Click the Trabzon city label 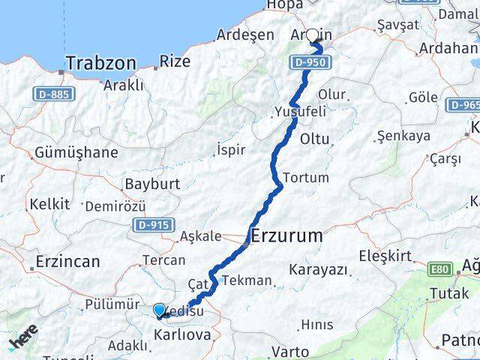[100, 63]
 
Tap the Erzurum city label [287, 236]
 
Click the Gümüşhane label [76, 153]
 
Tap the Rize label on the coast [175, 61]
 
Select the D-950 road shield [310, 62]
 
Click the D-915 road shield [154, 224]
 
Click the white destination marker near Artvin [312, 34]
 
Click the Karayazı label [319, 268]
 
